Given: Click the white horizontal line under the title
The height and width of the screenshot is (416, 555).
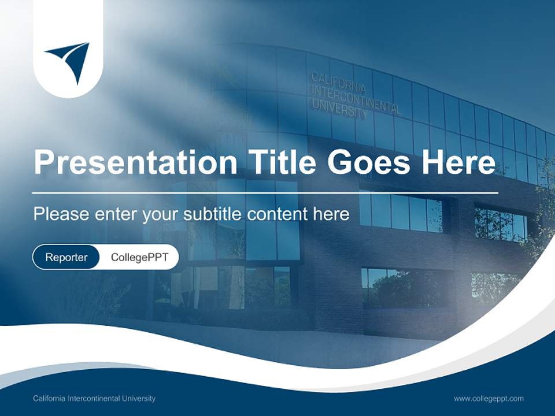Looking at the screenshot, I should pyautogui.click(x=265, y=192).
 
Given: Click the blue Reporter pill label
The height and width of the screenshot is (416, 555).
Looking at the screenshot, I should pyautogui.click(x=66, y=258).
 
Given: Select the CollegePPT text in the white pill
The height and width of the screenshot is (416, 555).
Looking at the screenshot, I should pyautogui.click(x=139, y=258).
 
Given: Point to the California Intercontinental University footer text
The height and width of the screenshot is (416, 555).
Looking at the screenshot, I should pyautogui.click(x=94, y=399).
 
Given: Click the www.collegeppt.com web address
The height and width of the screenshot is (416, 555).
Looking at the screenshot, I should pyautogui.click(x=489, y=399).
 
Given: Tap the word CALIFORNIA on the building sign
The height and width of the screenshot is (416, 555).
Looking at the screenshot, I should pyautogui.click(x=339, y=83).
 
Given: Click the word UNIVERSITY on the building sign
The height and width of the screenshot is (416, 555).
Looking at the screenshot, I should pyautogui.click(x=339, y=108).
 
